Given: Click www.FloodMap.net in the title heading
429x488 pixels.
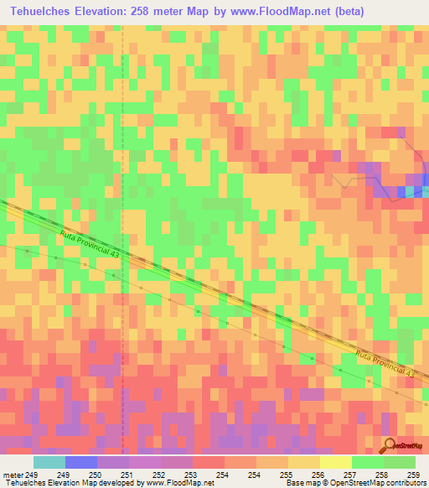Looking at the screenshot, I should [309, 11].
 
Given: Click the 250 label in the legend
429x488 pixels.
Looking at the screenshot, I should [96, 475].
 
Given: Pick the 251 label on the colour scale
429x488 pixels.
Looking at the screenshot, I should [127, 475].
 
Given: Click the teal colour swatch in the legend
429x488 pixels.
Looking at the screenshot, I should [49, 462].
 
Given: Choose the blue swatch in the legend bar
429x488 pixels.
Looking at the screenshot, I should [80, 462].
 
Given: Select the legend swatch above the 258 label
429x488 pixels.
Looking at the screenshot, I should [367, 462].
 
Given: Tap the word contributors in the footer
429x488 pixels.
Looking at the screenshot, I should [406, 483].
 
